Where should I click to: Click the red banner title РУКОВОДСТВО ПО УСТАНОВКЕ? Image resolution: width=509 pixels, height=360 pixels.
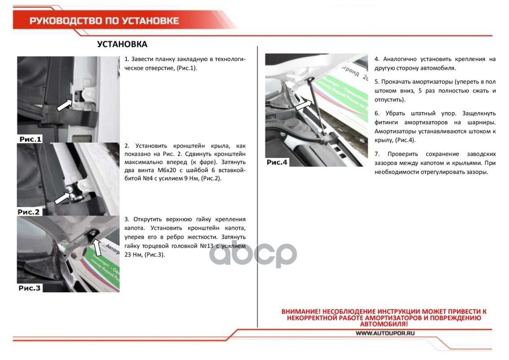[x=104, y=21]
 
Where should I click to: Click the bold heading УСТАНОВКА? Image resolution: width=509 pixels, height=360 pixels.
[x=122, y=44]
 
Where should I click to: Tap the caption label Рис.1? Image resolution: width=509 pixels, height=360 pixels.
[x=31, y=139]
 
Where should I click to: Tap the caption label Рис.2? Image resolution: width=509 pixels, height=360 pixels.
[x=29, y=212]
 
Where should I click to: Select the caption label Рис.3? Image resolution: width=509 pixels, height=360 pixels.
[x=30, y=288]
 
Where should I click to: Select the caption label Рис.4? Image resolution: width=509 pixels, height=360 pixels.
[x=277, y=162]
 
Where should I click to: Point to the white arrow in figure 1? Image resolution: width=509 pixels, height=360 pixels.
[x=64, y=105]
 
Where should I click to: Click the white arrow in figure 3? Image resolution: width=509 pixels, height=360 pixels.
[x=97, y=247]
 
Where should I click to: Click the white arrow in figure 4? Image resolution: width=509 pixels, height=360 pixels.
[x=303, y=105]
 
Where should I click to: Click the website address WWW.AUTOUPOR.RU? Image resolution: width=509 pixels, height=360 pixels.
[x=385, y=333]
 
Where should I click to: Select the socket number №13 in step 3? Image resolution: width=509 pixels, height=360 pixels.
[x=206, y=246]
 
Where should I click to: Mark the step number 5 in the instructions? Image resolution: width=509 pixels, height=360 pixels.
[x=376, y=81]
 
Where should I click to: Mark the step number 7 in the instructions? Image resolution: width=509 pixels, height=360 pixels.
[x=376, y=154]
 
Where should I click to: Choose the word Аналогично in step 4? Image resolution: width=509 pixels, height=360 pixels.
[x=400, y=59]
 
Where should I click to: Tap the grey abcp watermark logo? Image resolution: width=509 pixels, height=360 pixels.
[x=253, y=254]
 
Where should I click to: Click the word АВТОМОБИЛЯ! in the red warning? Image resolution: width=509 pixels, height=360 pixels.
[x=384, y=324]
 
